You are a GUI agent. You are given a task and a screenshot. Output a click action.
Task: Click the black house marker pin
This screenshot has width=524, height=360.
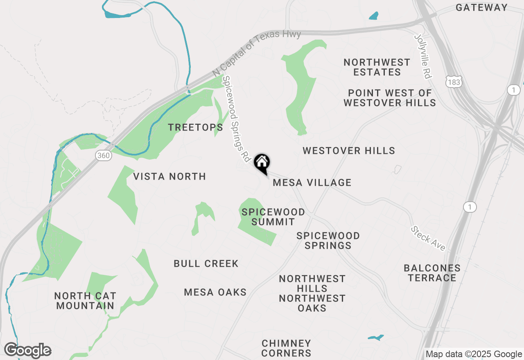click(x=262, y=163)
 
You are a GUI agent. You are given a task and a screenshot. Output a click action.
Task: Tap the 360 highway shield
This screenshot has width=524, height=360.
click(x=104, y=155)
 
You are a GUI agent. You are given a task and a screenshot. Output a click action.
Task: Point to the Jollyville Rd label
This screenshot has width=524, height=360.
click(x=423, y=56)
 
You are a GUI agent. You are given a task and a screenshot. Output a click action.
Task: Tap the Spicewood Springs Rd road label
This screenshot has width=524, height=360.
click(x=236, y=119)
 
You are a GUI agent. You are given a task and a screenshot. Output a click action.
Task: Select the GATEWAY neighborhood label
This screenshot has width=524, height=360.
click(x=481, y=7)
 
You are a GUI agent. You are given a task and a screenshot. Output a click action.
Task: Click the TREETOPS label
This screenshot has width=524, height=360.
click(x=196, y=127)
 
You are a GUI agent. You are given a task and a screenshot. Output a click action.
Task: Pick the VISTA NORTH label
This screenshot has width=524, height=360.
click(x=169, y=176)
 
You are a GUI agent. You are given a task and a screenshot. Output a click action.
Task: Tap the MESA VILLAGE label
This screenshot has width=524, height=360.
click(x=312, y=182)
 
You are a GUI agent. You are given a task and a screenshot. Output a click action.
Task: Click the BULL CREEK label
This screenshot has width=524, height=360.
click(x=206, y=263)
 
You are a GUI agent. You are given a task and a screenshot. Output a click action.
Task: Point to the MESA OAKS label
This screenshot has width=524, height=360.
click(x=215, y=292)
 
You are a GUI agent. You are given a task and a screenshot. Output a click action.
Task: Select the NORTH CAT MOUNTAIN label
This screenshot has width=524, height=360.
click(x=85, y=300)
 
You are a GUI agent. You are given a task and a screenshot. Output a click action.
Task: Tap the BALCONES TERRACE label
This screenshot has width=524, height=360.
click(x=432, y=273)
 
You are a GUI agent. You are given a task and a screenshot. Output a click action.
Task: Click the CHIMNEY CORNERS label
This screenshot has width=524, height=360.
click(x=287, y=348)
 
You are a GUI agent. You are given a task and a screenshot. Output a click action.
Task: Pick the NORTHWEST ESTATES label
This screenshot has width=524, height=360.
click(x=377, y=67)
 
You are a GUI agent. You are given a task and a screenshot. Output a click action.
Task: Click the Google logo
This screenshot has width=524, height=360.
click(x=27, y=350)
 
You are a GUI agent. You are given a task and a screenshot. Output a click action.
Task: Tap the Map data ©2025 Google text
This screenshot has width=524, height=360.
click(x=474, y=354)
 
